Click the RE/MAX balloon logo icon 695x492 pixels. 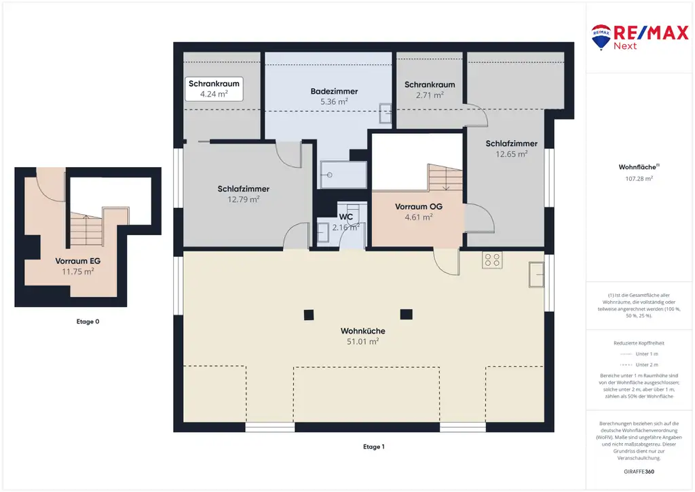coord(601,37)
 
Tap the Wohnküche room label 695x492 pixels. coord(362,331)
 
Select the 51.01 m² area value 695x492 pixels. coord(362,342)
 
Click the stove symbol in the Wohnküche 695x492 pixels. coord(492,260)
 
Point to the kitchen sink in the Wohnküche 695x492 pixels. coord(536,274)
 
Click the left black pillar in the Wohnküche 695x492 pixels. coord(309,315)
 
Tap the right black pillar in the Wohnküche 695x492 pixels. coord(406,315)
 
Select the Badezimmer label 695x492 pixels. coord(334,91)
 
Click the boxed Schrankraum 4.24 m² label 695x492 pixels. coord(214,89)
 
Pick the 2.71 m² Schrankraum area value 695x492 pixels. coord(430,95)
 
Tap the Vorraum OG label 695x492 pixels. coord(418,207)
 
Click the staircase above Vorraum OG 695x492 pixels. coord(445,177)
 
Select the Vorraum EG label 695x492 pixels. coord(77,262)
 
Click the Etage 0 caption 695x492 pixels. coord(88,321)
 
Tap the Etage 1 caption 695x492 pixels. coord(374,446)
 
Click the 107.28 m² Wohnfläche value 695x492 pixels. coord(639,179)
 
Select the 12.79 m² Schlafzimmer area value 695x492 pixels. coord(244,200)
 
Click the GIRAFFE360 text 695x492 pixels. coord(639,472)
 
